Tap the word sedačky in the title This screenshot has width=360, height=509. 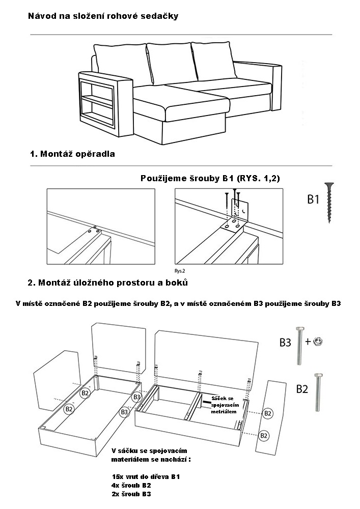pyautogui.click(x=161, y=16)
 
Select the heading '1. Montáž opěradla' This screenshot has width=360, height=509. pyautogui.click(x=72, y=154)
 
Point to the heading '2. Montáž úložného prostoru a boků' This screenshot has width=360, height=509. pyautogui.click(x=111, y=282)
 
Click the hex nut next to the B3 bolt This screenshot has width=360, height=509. pyautogui.click(x=319, y=342)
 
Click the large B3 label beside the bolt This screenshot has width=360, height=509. pyautogui.click(x=285, y=342)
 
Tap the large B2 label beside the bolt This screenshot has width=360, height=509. pyautogui.click(x=302, y=389)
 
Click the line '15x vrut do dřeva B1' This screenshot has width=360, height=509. pyautogui.click(x=146, y=477)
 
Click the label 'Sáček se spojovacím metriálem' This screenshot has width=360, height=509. pyautogui.click(x=225, y=404)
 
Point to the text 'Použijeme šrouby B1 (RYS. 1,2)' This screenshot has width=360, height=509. pyautogui.click(x=210, y=179)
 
